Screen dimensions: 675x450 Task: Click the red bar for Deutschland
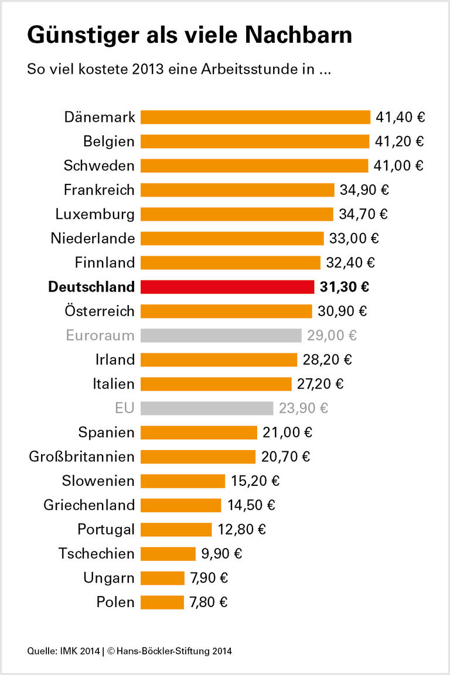227,287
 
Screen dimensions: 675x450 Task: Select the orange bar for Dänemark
255,117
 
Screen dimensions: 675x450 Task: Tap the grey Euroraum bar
221,335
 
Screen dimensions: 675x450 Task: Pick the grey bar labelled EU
207,408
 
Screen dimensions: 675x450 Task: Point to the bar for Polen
162,602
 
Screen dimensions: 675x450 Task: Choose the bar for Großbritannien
198,457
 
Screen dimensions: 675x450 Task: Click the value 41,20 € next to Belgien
400,142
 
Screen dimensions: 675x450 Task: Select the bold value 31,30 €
345,287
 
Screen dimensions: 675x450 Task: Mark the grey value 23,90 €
304,408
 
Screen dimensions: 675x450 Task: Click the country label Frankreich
99,190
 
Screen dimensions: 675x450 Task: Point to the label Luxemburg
95,214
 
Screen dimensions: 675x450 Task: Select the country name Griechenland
89,505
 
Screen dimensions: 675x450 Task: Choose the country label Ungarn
110,578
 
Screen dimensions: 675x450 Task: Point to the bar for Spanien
199,432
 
